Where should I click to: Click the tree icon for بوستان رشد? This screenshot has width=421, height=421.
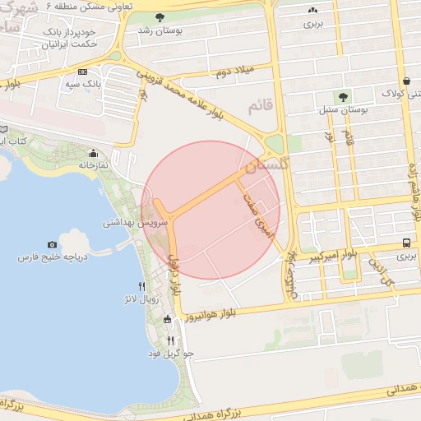158,17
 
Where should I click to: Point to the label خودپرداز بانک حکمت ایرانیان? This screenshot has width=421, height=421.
67,37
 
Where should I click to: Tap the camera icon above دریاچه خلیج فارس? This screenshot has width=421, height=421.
53,244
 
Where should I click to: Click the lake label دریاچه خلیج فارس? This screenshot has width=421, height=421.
52,257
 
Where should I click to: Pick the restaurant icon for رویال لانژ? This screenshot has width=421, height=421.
142,286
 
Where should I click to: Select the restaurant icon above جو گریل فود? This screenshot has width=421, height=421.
170,340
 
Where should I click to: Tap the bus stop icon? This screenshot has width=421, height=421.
407,243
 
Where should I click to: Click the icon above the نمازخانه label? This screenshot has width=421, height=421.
93,153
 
